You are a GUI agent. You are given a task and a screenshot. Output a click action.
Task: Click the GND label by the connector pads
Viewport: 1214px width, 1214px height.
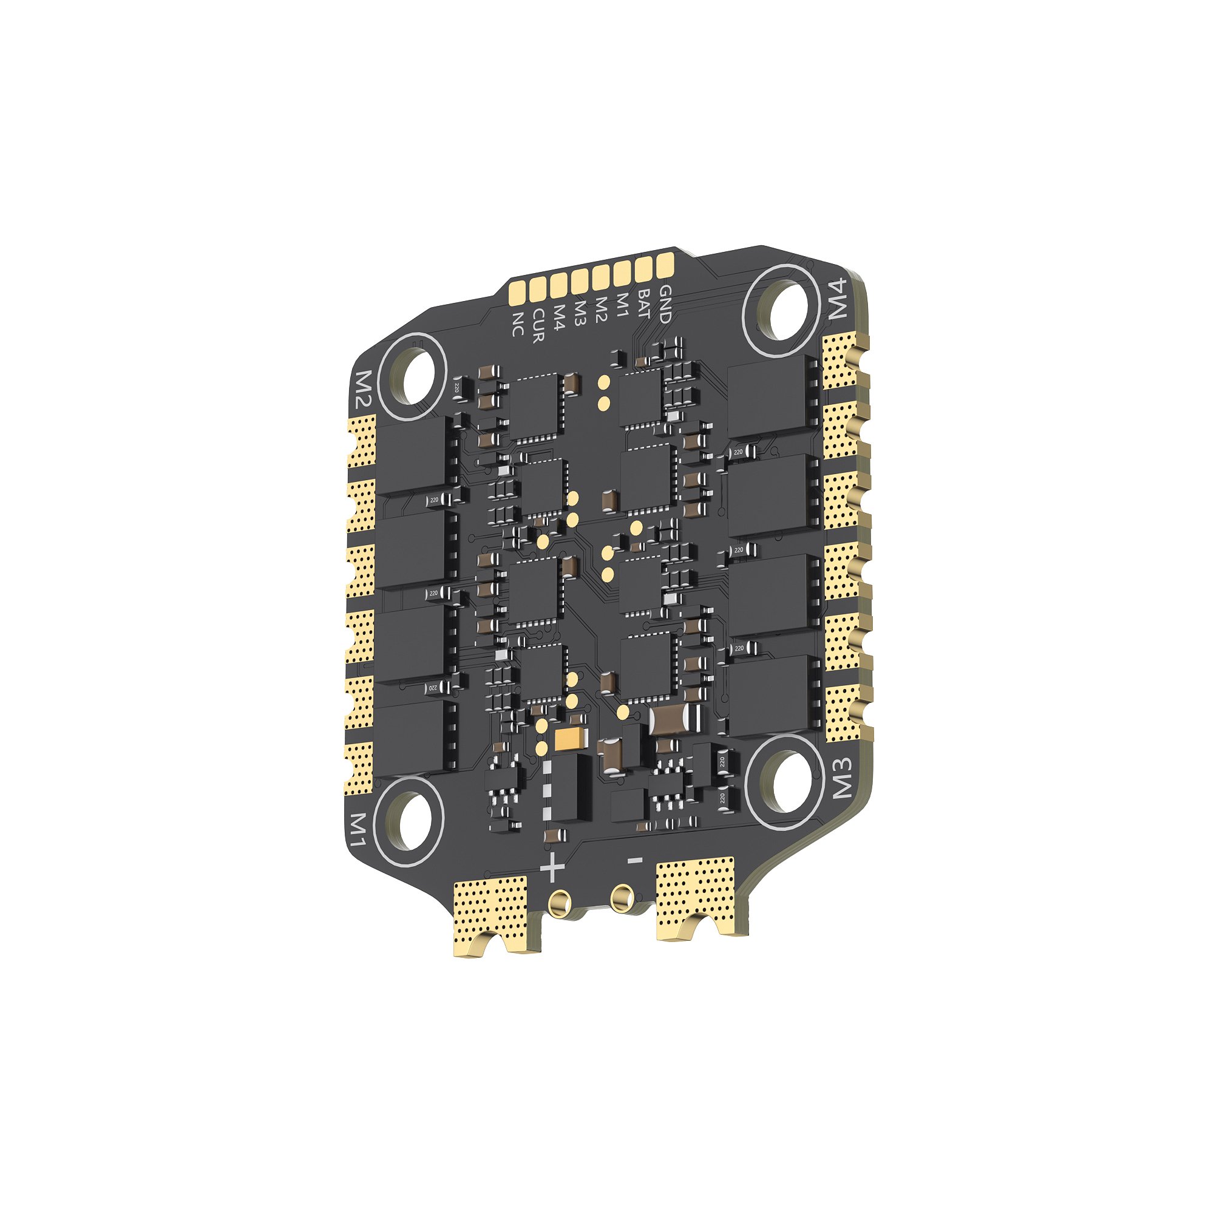tap(663, 303)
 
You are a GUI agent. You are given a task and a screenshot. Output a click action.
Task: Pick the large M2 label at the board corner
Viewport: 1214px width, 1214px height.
tap(364, 389)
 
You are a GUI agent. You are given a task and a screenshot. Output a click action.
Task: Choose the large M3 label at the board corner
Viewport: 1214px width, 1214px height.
tap(841, 778)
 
